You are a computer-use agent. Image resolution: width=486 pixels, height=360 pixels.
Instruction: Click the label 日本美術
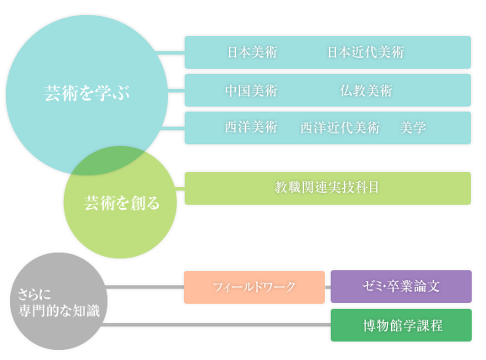[253, 52]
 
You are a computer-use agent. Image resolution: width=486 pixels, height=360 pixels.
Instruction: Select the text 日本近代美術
[366, 52]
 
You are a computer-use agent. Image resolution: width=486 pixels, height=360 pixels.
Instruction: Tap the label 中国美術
[251, 91]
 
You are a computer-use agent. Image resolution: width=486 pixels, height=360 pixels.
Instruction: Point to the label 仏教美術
[366, 91]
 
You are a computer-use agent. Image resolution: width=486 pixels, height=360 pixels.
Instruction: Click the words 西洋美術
[251, 127]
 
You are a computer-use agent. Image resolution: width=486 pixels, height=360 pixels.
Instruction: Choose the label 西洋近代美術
[340, 128]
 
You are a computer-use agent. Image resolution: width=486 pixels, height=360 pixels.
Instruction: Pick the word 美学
[413, 128]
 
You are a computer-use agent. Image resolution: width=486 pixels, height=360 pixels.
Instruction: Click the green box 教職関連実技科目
[327, 188]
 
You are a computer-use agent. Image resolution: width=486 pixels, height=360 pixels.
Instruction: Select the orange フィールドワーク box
[254, 287]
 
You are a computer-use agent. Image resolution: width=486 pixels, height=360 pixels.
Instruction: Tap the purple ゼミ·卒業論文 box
[401, 287]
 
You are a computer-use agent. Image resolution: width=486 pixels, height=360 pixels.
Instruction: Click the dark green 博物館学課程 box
[401, 325]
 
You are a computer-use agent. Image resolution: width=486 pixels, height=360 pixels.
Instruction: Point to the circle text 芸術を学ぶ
[86, 93]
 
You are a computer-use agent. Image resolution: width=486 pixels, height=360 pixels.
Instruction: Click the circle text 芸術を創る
[122, 203]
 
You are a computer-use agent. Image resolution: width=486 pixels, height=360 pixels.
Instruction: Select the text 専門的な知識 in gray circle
[59, 310]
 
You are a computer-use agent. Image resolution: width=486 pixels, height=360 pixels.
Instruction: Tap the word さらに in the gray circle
[34, 294]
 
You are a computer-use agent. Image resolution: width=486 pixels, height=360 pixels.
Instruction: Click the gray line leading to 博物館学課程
[216, 325]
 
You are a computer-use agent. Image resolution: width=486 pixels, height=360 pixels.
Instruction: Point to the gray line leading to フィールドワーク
[145, 287]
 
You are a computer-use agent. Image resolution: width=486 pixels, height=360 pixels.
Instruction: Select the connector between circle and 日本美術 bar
[171, 53]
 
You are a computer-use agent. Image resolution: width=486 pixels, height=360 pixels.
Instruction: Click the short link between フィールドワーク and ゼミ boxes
[327, 287]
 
